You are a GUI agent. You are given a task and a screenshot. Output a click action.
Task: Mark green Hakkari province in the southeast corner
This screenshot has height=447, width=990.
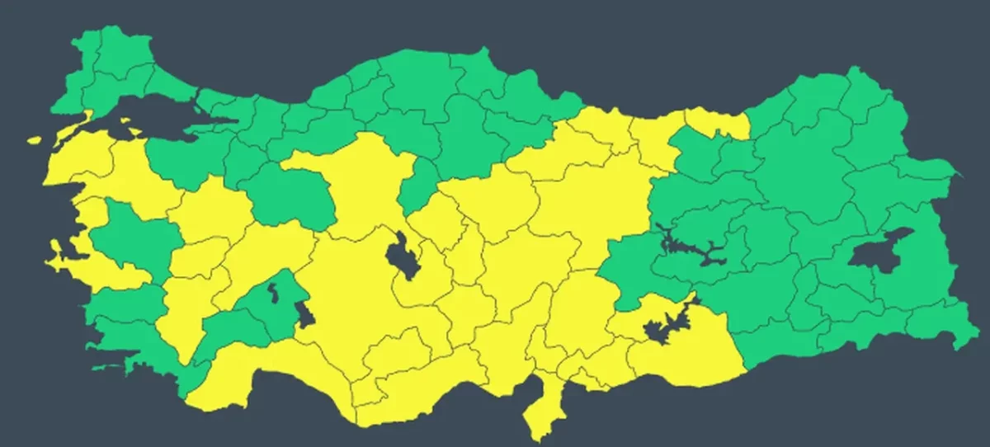pos(949,318)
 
